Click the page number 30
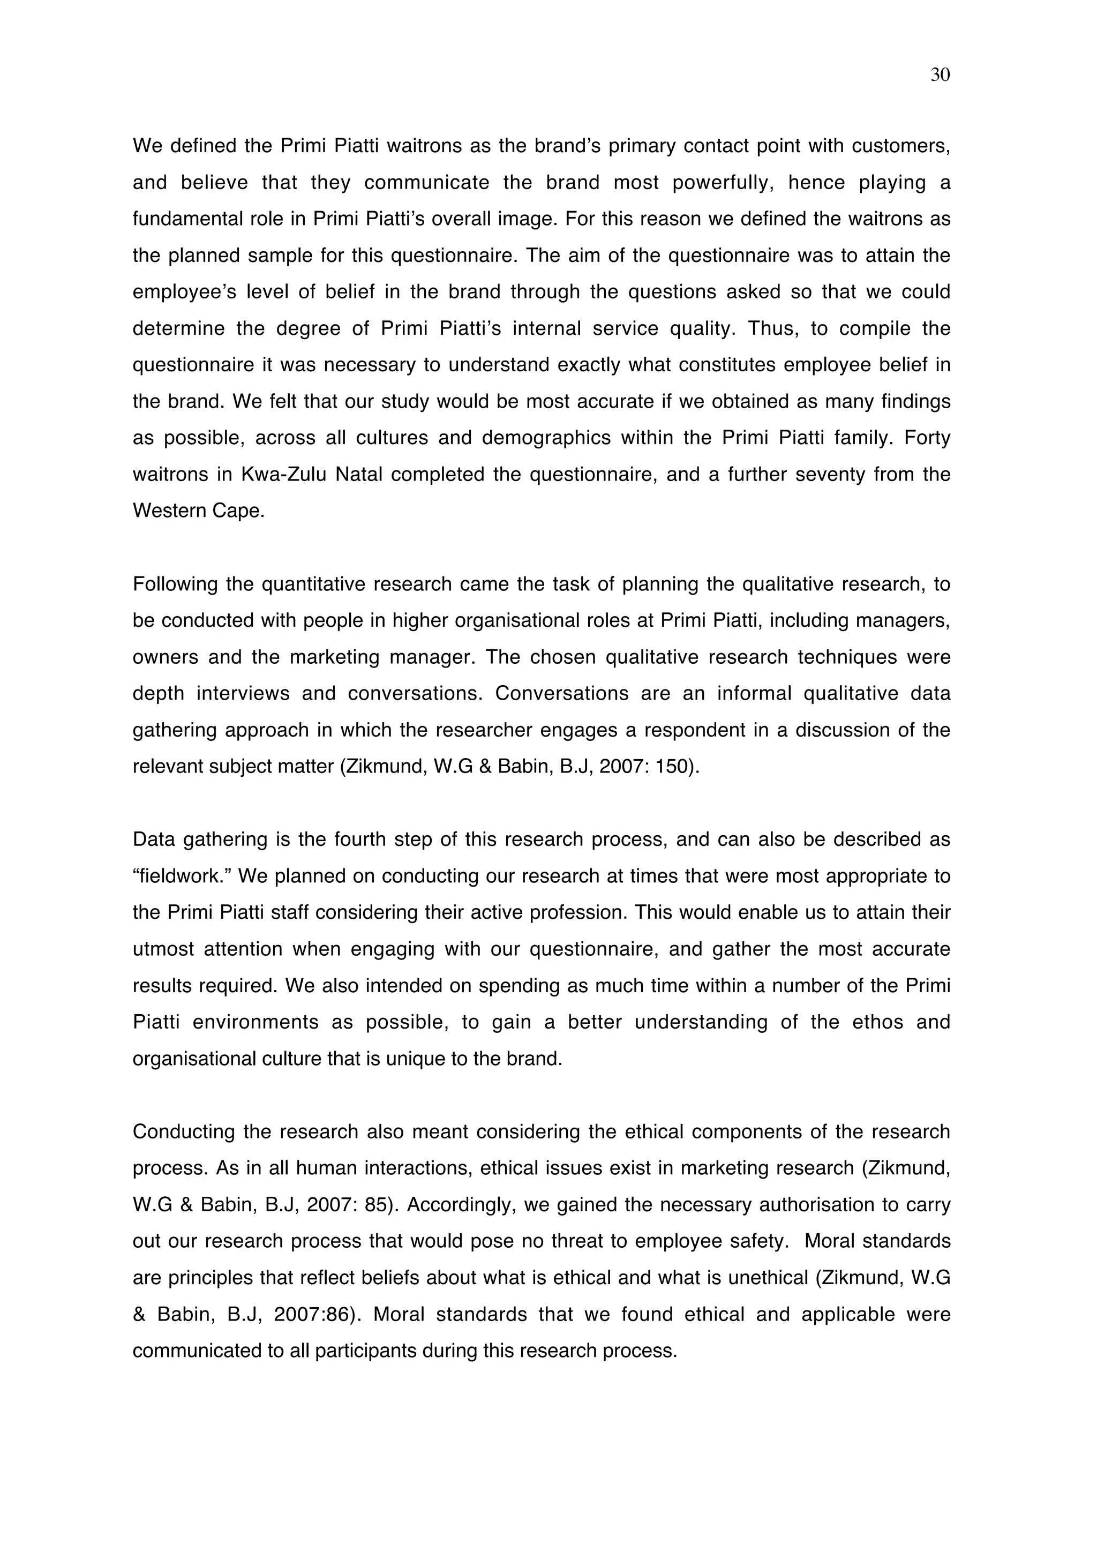tap(940, 75)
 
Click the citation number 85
tap(377, 1204)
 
